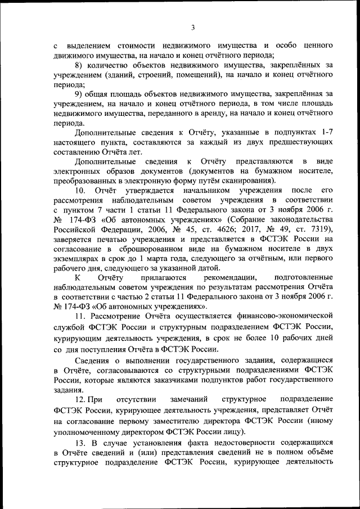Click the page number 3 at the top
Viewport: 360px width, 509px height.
[x=192, y=28]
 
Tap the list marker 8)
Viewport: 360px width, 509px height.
[x=79, y=66]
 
